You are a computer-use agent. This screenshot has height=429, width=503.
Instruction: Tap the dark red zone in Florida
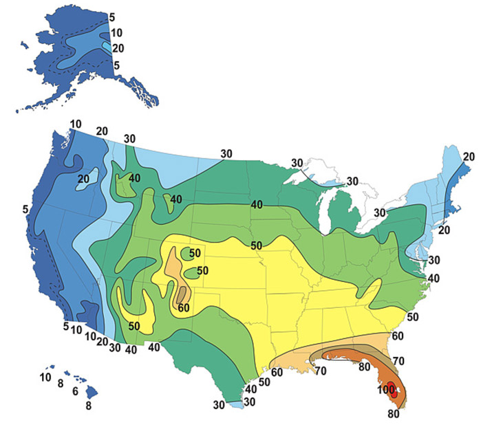pos(391,387)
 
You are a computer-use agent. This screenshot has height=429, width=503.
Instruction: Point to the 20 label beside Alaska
pos(117,49)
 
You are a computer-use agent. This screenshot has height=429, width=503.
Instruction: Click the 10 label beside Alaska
pos(116,32)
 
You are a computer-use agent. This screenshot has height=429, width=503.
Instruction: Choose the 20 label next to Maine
pos(469,157)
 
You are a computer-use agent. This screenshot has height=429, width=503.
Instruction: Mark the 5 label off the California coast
pos(25,208)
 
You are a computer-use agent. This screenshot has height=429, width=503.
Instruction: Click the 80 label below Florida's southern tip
pos(393,414)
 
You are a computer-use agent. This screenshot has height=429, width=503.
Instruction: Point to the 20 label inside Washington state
pos(84,179)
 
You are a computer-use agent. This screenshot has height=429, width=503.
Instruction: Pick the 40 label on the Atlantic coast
pos(434,278)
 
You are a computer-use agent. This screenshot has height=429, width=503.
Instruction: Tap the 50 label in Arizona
pos(134,325)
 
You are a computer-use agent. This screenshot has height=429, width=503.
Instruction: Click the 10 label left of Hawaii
pos(45,377)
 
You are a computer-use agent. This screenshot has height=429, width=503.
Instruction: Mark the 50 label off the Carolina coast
pos(413,316)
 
